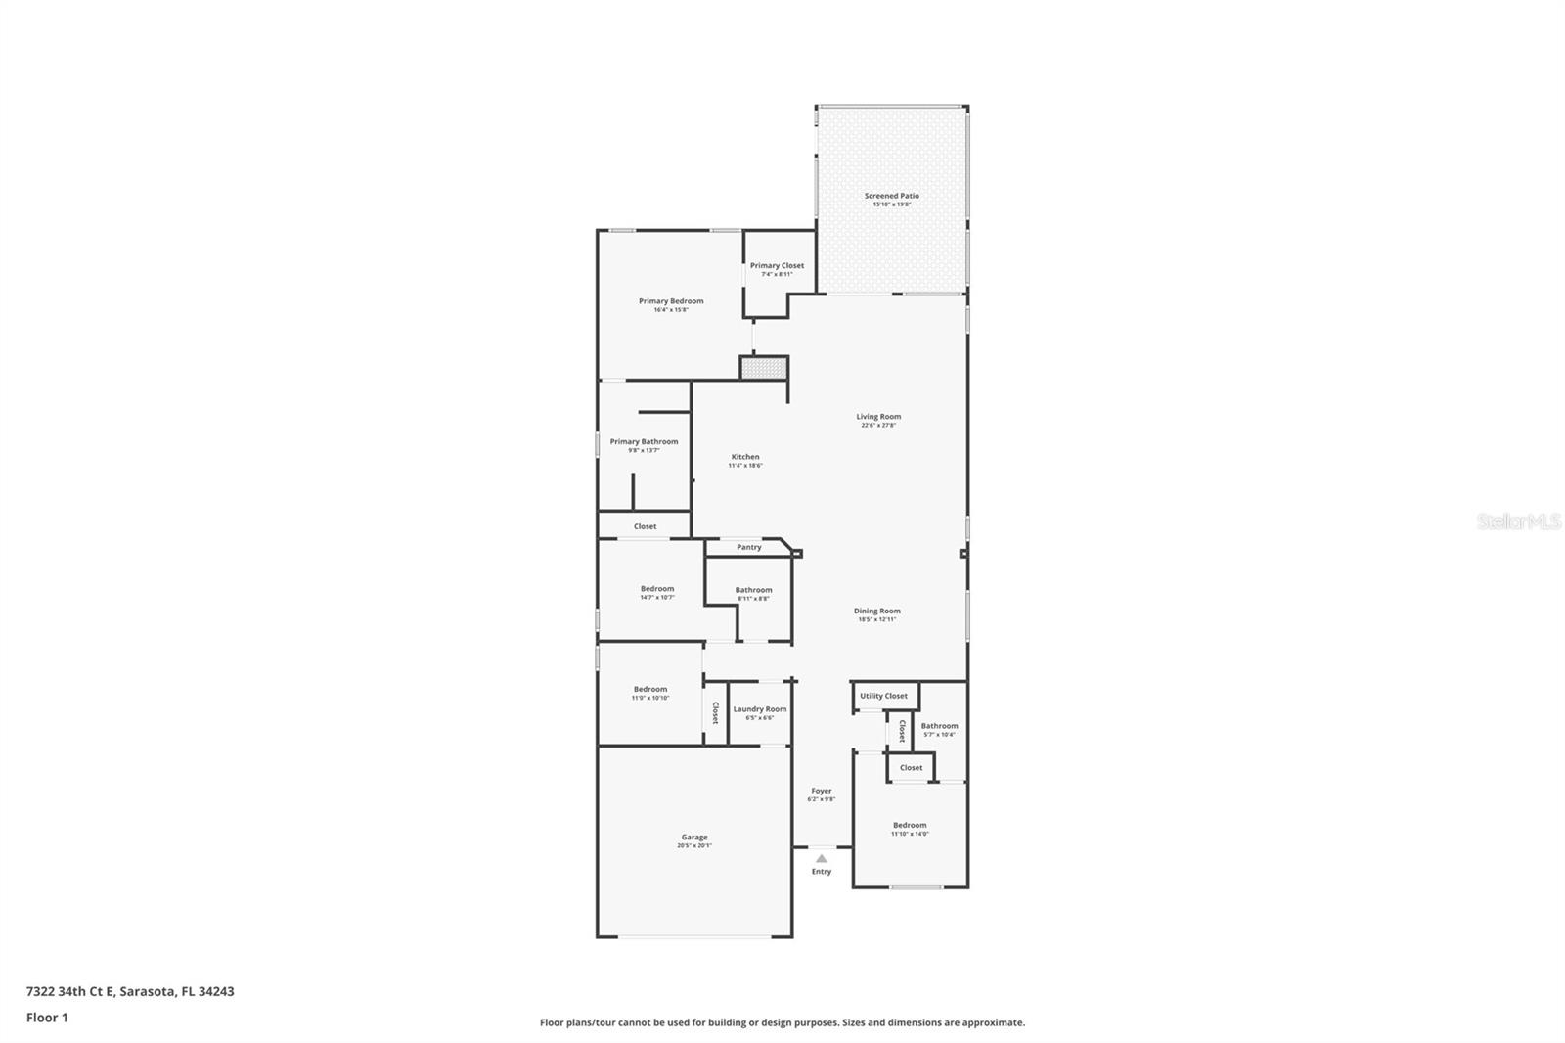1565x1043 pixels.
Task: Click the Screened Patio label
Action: (891, 196)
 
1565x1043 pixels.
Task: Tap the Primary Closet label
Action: (777, 265)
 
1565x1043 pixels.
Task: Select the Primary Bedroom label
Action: (671, 301)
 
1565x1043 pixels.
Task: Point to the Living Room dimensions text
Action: (878, 426)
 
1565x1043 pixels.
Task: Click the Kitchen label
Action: (745, 457)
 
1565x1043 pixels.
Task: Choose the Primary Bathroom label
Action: (644, 441)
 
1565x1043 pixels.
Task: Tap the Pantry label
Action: (749, 547)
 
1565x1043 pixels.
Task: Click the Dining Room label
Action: (876, 611)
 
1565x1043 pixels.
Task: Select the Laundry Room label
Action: (760, 709)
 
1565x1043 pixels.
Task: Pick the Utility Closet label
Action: (883, 696)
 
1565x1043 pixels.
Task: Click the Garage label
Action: (694, 837)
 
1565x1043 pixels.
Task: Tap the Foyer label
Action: (822, 791)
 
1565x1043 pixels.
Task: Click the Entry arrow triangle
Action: (822, 858)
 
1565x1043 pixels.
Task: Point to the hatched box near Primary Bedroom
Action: (764, 368)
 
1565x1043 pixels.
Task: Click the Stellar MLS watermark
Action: (1518, 521)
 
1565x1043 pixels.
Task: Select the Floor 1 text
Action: (47, 1018)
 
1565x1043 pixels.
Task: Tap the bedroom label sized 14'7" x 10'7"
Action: (657, 589)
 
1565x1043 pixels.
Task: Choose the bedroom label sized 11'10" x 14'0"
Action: (910, 825)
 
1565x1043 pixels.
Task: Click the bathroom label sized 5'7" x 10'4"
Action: (939, 726)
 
